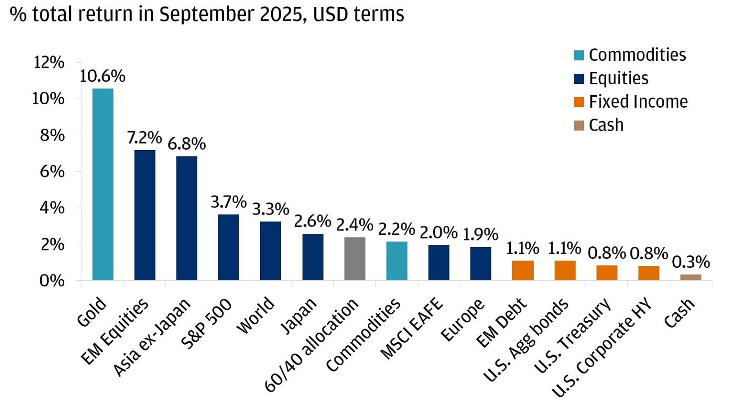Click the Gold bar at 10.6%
click(103, 185)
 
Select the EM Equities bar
click(145, 215)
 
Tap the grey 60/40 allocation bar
click(355, 259)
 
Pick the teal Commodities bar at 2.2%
click(397, 261)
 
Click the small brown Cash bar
click(690, 277)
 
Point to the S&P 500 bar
click(229, 247)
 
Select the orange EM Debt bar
click(523, 270)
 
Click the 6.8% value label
click(186, 144)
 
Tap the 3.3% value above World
click(271, 209)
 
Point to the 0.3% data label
click(691, 262)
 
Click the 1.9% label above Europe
click(480, 234)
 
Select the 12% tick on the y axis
click(49, 63)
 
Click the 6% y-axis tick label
click(52, 172)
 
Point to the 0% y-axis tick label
click(52, 281)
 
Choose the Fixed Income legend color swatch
click(579, 102)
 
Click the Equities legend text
click(618, 78)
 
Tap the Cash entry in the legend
click(606, 125)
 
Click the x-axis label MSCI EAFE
click(412, 329)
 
